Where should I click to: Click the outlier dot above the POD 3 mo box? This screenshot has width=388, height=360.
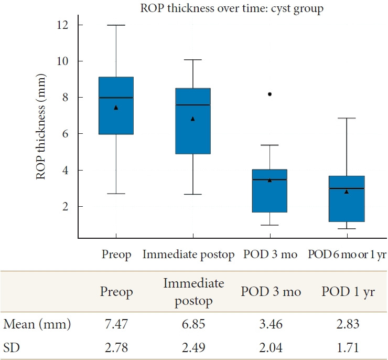click(x=270, y=94)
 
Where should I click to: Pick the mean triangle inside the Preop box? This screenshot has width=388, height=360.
click(x=116, y=108)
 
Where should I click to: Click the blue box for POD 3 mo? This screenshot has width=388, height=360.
click(x=270, y=190)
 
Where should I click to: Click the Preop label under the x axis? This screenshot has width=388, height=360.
click(x=117, y=256)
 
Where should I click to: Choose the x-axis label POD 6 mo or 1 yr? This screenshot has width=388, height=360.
click(x=347, y=256)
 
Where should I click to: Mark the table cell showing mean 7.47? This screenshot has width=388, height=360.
click(x=116, y=325)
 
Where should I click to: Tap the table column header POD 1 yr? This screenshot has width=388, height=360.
click(x=348, y=292)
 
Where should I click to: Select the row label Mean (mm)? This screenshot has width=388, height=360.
click(x=37, y=325)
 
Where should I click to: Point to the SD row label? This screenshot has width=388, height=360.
click(x=12, y=347)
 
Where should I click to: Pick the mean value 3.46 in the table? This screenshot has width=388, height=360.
click(x=271, y=325)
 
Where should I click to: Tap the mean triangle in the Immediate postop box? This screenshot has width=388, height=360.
click(x=192, y=119)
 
